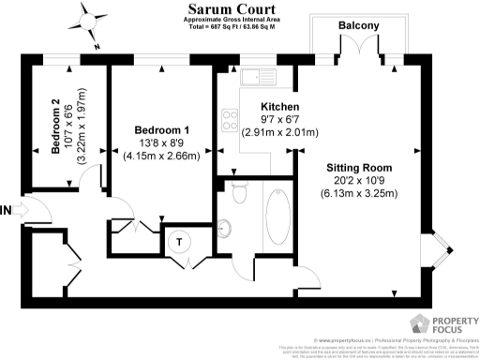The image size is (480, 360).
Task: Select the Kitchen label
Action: click(279, 106)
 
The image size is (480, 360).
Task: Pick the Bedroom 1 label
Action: click(163, 129)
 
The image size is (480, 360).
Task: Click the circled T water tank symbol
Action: click(179, 240)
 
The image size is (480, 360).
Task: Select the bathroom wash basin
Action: click(225, 227)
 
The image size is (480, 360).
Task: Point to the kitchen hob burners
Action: click(228, 118)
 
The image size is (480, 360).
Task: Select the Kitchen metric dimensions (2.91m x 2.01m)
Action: click(278, 133)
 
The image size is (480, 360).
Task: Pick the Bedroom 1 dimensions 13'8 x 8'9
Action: click(163, 142)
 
